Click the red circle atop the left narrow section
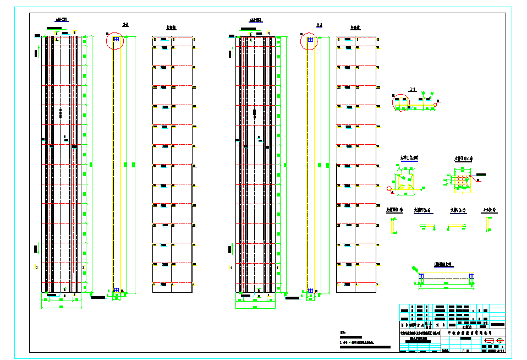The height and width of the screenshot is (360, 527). point(116,41)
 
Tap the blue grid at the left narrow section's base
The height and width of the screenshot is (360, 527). point(116,290)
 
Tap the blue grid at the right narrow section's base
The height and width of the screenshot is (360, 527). point(310,290)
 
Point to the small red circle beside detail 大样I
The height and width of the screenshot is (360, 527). point(390,189)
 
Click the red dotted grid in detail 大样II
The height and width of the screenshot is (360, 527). point(460,179)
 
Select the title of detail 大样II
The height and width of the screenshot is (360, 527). point(463,159)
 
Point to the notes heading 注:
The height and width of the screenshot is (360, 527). point(343,332)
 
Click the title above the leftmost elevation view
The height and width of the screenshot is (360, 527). point(58,20)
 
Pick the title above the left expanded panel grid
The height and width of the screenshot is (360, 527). point(171,26)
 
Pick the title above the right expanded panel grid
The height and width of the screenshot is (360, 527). point(355,26)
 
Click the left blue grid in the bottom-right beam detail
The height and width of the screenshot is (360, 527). point(421,276)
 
